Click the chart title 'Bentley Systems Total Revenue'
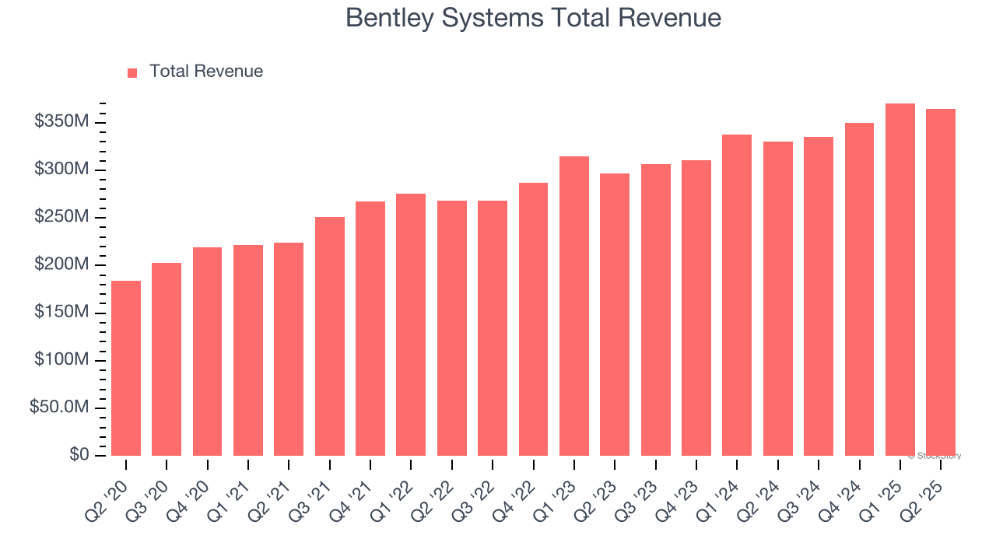tap(533, 18)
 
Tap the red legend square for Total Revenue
tap(132, 72)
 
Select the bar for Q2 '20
tap(126, 368)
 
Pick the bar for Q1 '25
tap(900, 279)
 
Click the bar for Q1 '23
tap(574, 306)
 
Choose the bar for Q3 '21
tap(330, 336)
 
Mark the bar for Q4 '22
tap(533, 319)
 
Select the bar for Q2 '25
tap(941, 282)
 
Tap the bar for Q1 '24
tap(737, 295)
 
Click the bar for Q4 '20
tap(207, 351)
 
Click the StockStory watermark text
tap(935, 456)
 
